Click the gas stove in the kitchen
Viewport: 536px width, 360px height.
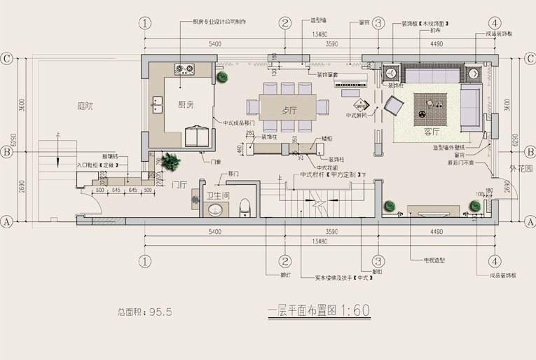click(x=185, y=69)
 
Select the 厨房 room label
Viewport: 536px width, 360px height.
click(x=186, y=105)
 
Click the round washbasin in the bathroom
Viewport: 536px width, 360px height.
click(x=214, y=210)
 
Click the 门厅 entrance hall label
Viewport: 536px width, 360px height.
click(x=178, y=185)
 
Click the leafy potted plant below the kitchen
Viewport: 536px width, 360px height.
click(x=172, y=162)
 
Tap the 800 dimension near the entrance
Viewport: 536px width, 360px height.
click(x=100, y=189)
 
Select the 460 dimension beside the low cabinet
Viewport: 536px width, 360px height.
click(x=240, y=148)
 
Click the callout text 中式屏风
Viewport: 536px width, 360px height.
click(x=357, y=115)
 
